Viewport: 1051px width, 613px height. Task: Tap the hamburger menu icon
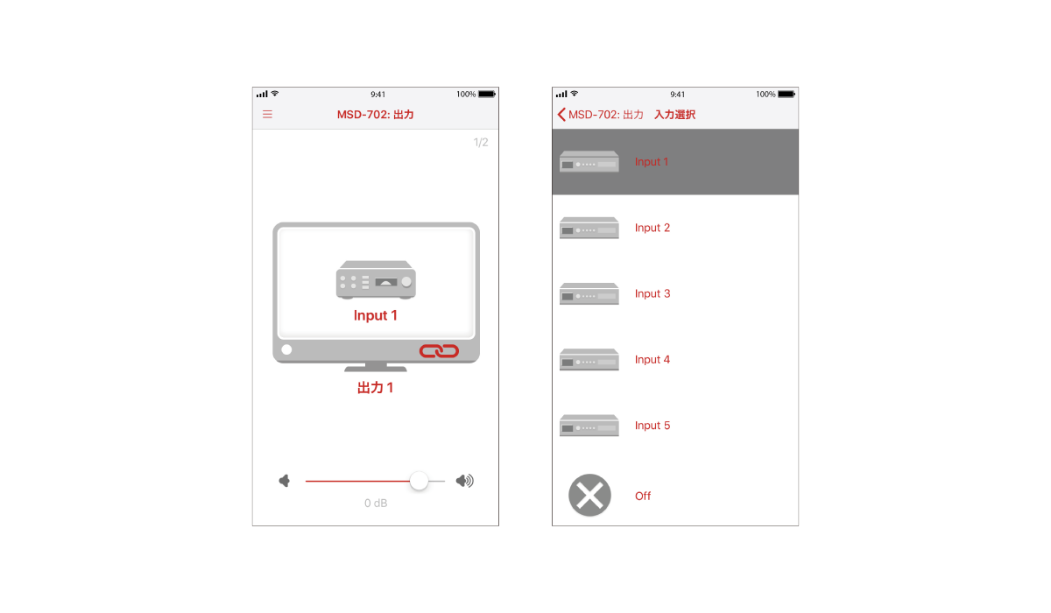267,115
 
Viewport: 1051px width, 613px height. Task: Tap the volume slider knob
419,481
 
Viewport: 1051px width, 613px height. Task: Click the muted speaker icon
285,481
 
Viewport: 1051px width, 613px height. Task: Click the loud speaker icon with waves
464,481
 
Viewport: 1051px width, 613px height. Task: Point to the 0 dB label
376,504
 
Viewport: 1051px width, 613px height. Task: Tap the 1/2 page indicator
481,142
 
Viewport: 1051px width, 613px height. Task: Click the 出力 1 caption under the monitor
375,388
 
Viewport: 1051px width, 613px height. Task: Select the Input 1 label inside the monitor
376,315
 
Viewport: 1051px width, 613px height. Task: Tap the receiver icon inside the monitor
376,280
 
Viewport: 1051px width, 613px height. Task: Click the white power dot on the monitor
286,349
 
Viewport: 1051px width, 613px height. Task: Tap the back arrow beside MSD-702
561,115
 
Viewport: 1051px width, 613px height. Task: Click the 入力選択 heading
674,115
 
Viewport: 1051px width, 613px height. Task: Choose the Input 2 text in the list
652,228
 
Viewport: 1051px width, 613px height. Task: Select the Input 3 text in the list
652,293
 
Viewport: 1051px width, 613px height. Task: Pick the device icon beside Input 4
589,360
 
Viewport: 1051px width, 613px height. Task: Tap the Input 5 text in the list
652,426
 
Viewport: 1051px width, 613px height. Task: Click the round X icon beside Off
589,496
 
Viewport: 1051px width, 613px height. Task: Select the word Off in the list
643,496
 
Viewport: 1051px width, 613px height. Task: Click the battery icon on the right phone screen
786,95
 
